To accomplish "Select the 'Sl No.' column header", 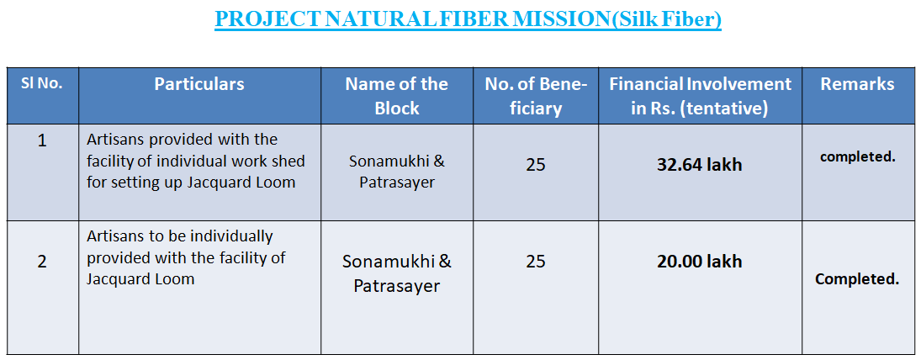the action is click(x=42, y=84).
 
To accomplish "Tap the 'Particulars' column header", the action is click(x=199, y=84).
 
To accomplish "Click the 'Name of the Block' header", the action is click(x=396, y=96).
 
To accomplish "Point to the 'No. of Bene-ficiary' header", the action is click(x=536, y=96).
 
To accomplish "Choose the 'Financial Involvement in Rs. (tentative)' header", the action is click(x=700, y=96).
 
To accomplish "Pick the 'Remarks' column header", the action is click(x=858, y=84).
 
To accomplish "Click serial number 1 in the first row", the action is click(x=42, y=141).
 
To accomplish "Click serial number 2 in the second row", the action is click(x=42, y=262).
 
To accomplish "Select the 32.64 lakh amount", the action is click(x=700, y=165).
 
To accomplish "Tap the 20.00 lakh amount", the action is click(x=700, y=262).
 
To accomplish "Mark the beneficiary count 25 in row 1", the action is click(x=536, y=165).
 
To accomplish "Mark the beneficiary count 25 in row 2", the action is click(x=536, y=262).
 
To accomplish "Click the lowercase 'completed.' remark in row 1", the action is click(x=858, y=157).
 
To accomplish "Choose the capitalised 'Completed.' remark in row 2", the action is click(x=857, y=279).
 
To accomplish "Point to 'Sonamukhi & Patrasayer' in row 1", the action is click(x=396, y=172).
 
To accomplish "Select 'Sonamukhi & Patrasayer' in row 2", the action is click(x=396, y=273).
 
